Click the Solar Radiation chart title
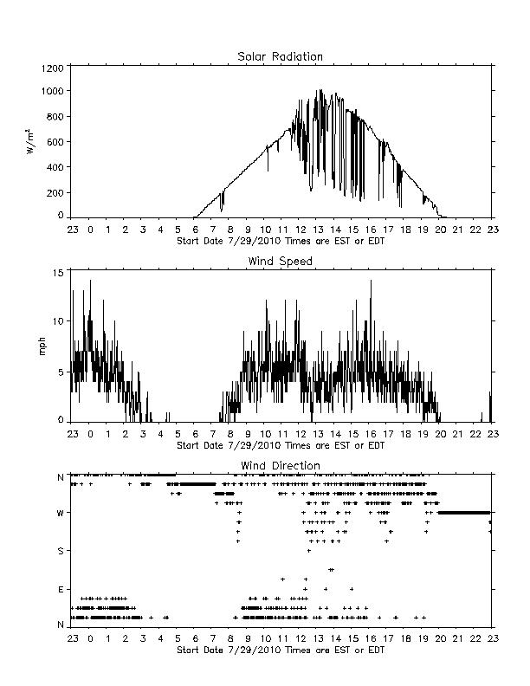(x=280, y=56)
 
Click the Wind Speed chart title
(x=280, y=262)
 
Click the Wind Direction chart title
(x=281, y=465)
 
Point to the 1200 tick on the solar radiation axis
(x=53, y=68)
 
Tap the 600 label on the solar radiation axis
(x=55, y=142)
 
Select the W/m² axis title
(x=30, y=141)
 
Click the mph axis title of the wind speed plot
(x=42, y=346)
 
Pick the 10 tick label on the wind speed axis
(x=59, y=321)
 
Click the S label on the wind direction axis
(x=61, y=551)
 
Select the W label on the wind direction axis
(x=61, y=513)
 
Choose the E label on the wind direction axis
(x=61, y=589)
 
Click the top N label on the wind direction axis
(x=61, y=477)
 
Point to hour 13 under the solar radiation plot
(x=318, y=230)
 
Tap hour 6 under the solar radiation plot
(x=196, y=230)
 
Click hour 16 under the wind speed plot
(x=371, y=434)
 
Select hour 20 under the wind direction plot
(x=440, y=638)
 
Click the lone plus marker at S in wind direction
(x=308, y=551)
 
